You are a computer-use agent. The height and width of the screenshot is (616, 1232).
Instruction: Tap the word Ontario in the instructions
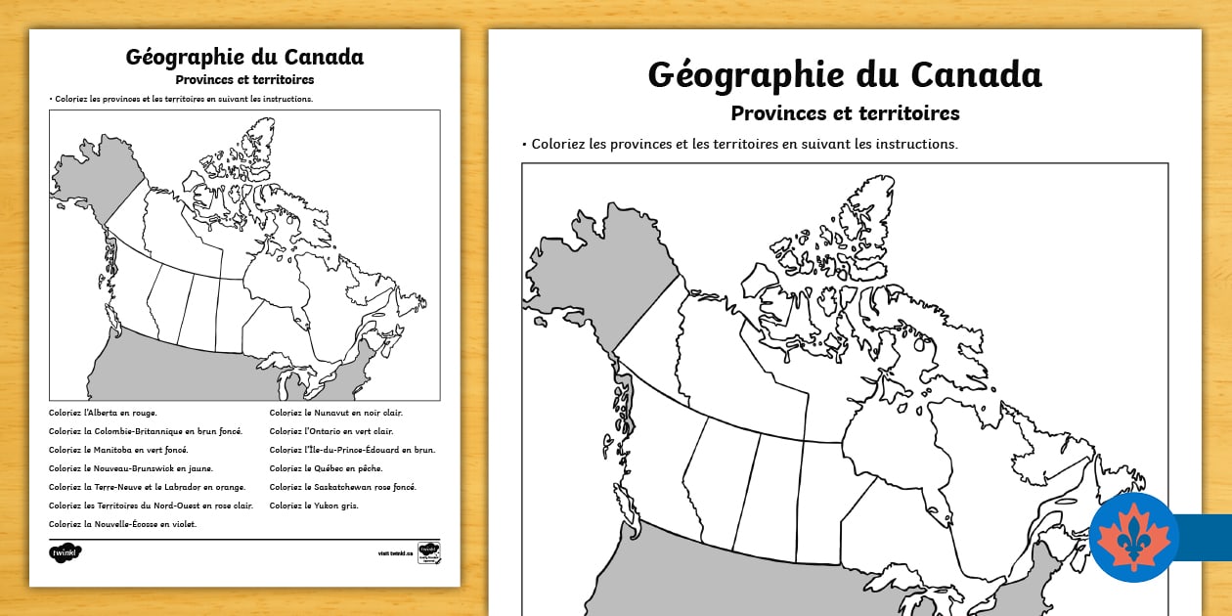323,431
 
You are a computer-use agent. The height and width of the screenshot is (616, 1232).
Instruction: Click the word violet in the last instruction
183,524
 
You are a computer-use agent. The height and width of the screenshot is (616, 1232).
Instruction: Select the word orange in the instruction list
230,487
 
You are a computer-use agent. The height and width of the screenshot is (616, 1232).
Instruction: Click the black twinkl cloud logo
66,552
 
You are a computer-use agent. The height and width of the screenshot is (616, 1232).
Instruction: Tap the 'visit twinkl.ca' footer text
395,553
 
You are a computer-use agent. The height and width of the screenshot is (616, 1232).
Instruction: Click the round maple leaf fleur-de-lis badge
1134,538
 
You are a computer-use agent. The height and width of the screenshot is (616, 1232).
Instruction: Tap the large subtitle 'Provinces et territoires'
845,113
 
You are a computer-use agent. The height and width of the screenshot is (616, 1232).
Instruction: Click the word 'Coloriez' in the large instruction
563,144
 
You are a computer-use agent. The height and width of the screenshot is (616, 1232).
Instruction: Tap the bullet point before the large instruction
524,144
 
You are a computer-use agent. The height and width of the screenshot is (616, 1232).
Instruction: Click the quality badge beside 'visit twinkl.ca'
428,552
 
